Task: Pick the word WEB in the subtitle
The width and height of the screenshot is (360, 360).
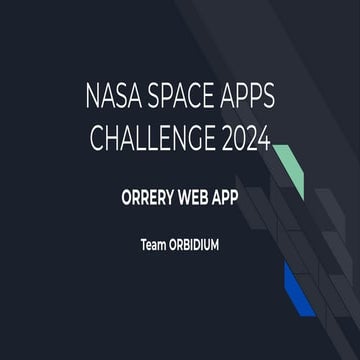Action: pos(200,197)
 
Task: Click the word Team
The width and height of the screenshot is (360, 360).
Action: pos(151,241)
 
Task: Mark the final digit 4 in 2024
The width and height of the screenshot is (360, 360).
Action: pos(263,139)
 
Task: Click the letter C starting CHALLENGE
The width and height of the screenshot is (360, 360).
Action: pos(99,139)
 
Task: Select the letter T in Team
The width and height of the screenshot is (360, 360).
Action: pos(142,241)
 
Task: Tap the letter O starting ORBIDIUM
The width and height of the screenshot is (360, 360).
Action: pos(171,241)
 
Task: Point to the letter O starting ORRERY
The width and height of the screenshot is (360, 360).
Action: pos(125,197)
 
